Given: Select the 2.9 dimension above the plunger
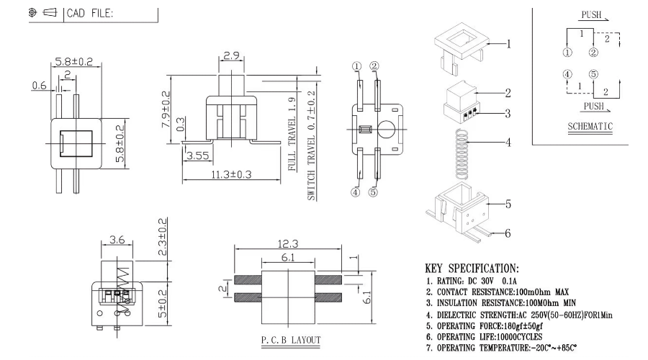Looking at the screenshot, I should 230,55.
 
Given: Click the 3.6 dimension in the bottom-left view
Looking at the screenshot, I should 117,240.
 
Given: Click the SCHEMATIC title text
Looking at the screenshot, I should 590,127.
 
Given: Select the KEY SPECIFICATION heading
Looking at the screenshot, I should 482,267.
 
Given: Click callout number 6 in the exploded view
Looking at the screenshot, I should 507,234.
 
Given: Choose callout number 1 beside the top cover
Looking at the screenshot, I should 508,44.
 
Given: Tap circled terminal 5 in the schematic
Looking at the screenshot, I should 593,73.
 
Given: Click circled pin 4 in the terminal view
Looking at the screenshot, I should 356,192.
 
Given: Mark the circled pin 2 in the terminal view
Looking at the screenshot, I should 374,66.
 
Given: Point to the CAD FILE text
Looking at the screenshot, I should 90,14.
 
